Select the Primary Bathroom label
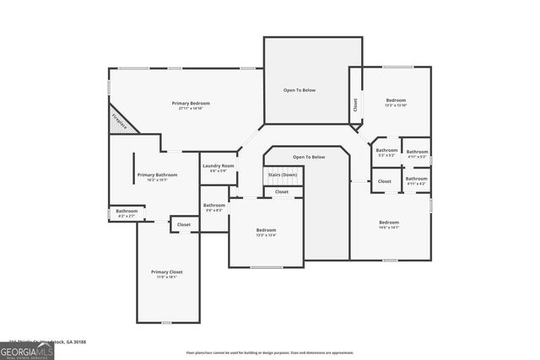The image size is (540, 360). (x=156, y=175)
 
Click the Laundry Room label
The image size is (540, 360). (x=218, y=166)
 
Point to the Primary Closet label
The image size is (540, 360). (x=166, y=271)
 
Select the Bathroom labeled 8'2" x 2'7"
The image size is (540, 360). (x=127, y=211)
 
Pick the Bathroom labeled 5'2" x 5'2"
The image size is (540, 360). (x=386, y=151)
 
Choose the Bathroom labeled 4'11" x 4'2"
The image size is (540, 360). (x=417, y=179)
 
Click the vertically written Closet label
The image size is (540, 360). (x=354, y=105)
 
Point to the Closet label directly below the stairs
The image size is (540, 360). (x=282, y=191)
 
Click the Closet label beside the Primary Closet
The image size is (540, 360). (x=183, y=225)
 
